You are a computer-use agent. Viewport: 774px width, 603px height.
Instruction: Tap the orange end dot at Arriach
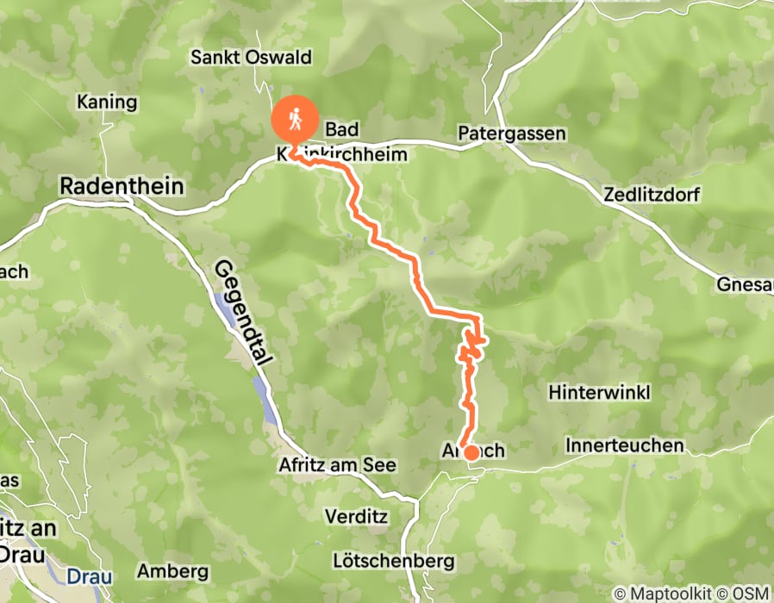coord(471,452)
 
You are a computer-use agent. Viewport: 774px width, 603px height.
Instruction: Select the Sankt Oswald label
coord(252,59)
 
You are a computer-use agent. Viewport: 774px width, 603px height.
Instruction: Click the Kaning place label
coord(107,103)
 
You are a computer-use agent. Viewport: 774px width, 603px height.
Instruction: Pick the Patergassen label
coord(512,134)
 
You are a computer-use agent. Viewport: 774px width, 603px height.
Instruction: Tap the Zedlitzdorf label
coord(653,194)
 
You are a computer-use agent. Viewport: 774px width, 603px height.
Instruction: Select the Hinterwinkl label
coord(599,392)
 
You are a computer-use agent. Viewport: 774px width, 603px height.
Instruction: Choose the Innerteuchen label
coord(625,445)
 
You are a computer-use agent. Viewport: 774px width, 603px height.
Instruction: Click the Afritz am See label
coord(337,465)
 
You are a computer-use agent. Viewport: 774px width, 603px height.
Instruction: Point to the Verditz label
coord(356,517)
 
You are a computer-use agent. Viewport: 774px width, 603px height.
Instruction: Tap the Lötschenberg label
coord(393,561)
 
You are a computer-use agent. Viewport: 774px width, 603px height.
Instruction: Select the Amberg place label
coord(173,571)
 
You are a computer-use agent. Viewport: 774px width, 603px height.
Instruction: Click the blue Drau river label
coord(86,575)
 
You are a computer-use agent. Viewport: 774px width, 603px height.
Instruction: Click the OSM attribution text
coord(750,594)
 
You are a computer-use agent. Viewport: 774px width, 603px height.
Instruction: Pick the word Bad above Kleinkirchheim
coord(342,129)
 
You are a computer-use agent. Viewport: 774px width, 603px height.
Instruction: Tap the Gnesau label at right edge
coord(747,284)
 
